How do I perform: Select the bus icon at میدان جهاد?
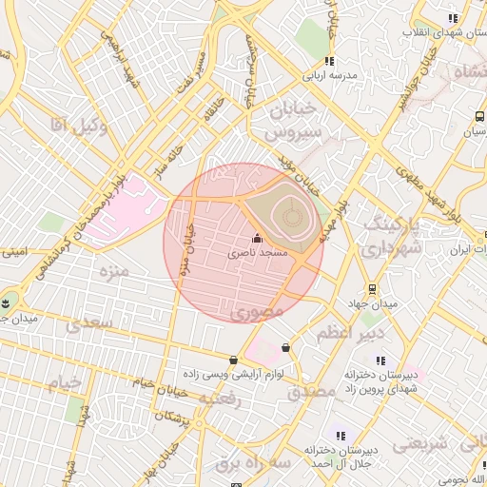point(371,289)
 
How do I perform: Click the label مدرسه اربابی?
point(329,74)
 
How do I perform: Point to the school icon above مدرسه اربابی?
point(329,61)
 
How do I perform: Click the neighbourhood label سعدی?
point(88,324)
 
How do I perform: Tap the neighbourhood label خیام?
point(65,382)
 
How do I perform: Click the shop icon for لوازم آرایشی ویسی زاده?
point(234,360)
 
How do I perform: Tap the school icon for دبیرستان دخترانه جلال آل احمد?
point(341,436)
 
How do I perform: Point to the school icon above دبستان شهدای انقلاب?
point(454,18)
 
